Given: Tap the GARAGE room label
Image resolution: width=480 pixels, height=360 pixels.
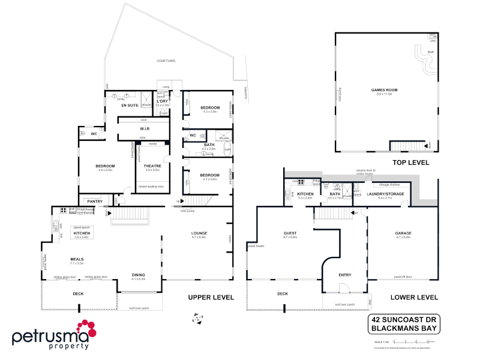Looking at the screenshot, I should point(403,233).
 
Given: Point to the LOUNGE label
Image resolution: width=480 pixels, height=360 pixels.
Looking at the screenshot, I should point(199,233).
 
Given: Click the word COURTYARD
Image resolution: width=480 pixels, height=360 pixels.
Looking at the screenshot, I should point(166,61).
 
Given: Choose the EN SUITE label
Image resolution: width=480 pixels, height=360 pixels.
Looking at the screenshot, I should point(130,105).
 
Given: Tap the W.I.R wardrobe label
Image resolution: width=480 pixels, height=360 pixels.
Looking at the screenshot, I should point(145,128).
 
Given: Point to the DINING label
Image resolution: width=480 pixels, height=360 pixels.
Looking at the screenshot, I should point(139,275).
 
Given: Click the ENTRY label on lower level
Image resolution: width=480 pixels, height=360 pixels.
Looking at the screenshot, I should point(344,275).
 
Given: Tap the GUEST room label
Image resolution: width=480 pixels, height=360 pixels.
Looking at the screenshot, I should point(290,233).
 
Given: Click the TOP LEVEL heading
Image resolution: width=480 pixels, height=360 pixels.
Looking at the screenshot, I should point(413,163).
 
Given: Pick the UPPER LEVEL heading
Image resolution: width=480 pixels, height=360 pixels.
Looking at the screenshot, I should point(211,298).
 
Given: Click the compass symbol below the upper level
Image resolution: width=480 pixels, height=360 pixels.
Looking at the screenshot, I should point(196,318).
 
